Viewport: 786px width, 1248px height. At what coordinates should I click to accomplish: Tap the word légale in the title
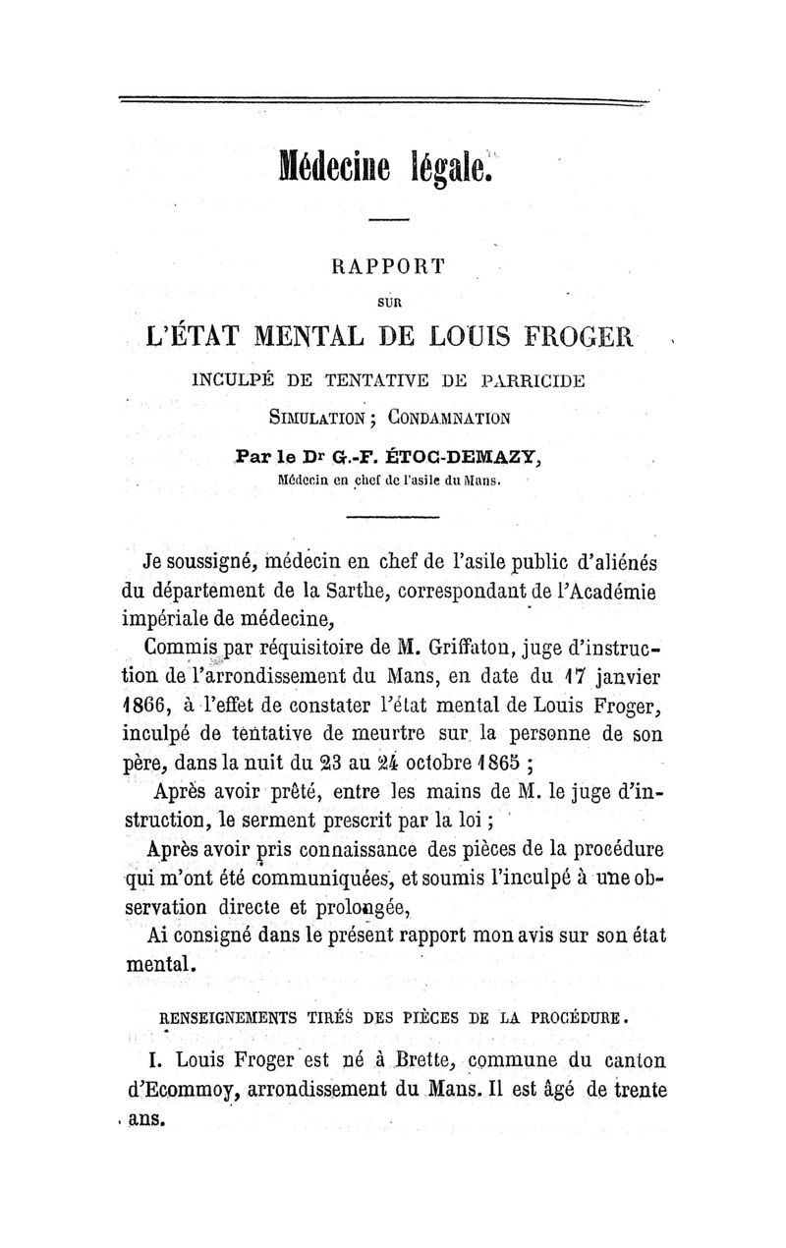tap(447, 167)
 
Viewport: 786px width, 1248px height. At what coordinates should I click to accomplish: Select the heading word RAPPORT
tap(389, 264)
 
